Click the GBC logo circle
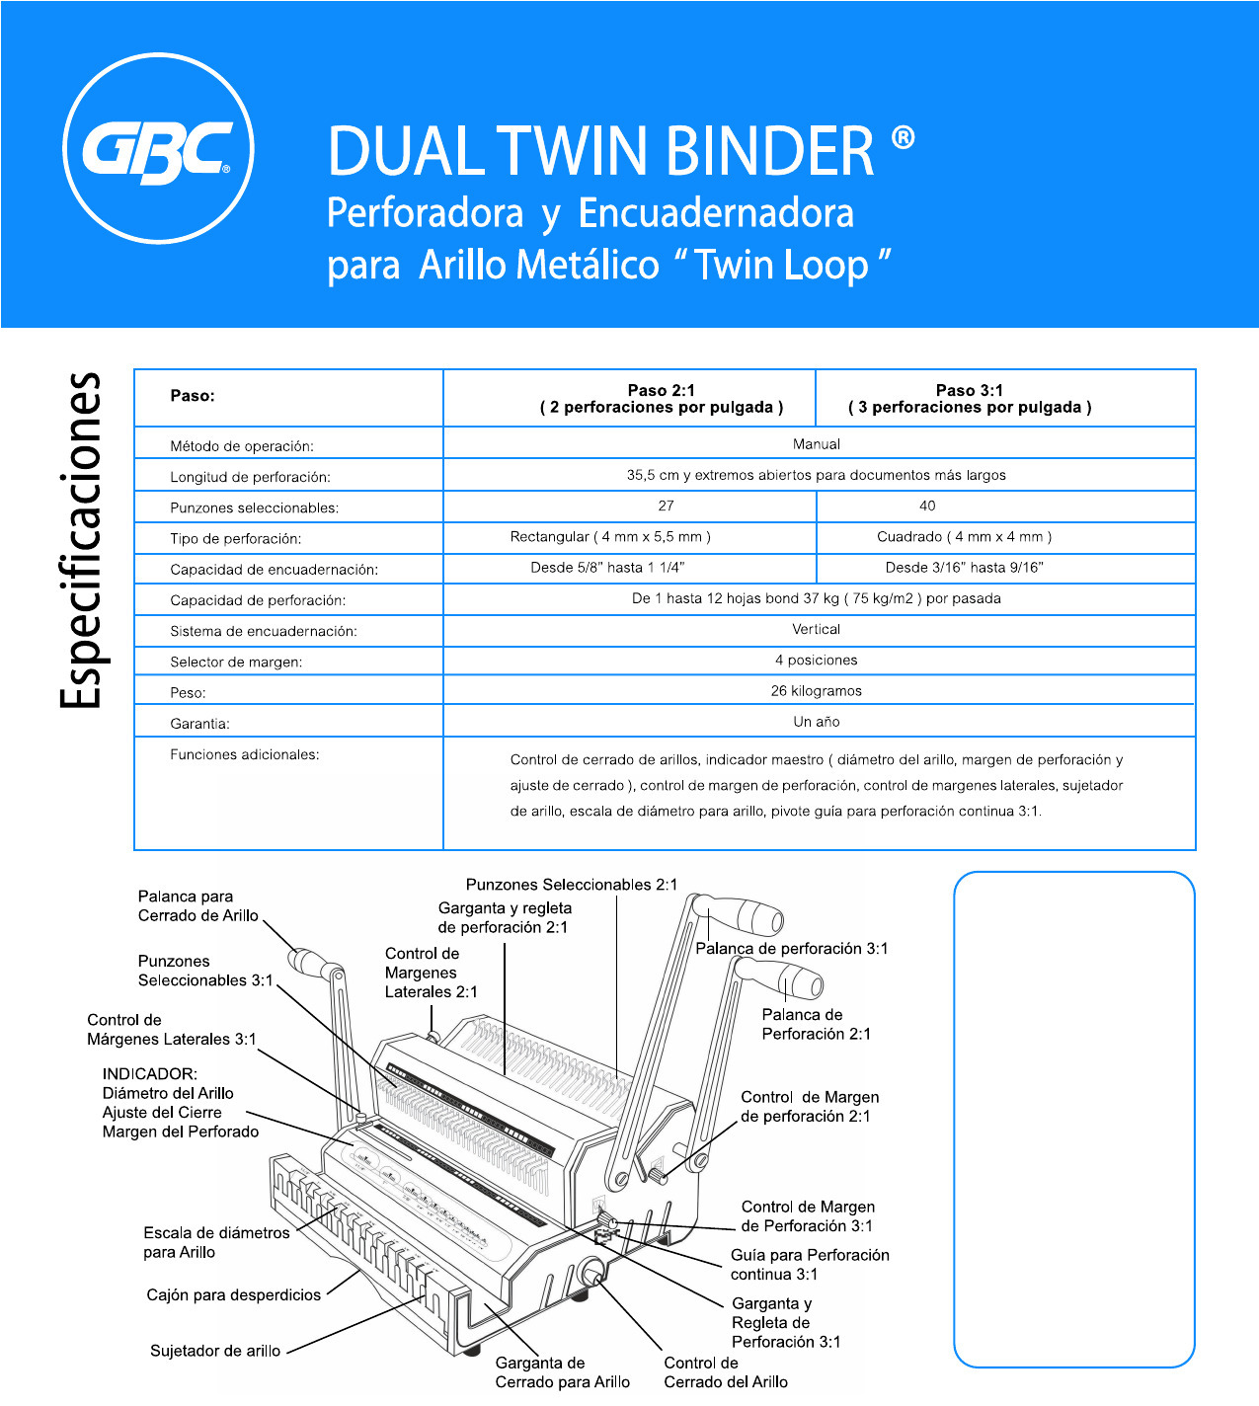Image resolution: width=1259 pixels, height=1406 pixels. (158, 149)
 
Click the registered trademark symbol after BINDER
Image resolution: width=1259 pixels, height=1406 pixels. (903, 137)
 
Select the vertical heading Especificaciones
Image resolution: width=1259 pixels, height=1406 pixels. (81, 540)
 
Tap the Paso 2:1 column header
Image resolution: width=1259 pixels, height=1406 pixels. (662, 398)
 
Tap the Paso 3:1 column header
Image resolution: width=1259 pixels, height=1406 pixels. (970, 398)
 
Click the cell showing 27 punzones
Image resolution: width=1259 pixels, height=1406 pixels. (667, 506)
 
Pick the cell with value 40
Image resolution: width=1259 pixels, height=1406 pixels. (927, 506)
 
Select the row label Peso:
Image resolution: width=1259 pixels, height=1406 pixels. (188, 693)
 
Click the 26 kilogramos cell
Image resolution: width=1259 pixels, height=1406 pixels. (816, 691)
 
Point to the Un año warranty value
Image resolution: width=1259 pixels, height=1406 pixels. (816, 722)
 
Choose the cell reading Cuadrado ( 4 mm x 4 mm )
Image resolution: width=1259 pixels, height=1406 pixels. (964, 537)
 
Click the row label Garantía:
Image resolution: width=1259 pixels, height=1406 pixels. (199, 724)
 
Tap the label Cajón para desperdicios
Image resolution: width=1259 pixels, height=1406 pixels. (233, 1295)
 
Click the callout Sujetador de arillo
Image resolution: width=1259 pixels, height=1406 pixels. (215, 1351)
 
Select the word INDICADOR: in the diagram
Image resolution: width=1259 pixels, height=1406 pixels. (150, 1074)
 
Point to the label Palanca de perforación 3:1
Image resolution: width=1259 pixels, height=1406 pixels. (792, 949)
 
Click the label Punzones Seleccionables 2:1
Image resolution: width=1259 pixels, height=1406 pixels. (572, 885)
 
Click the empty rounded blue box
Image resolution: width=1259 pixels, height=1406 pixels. (1074, 1119)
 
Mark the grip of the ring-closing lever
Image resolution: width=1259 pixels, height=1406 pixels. (309, 961)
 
